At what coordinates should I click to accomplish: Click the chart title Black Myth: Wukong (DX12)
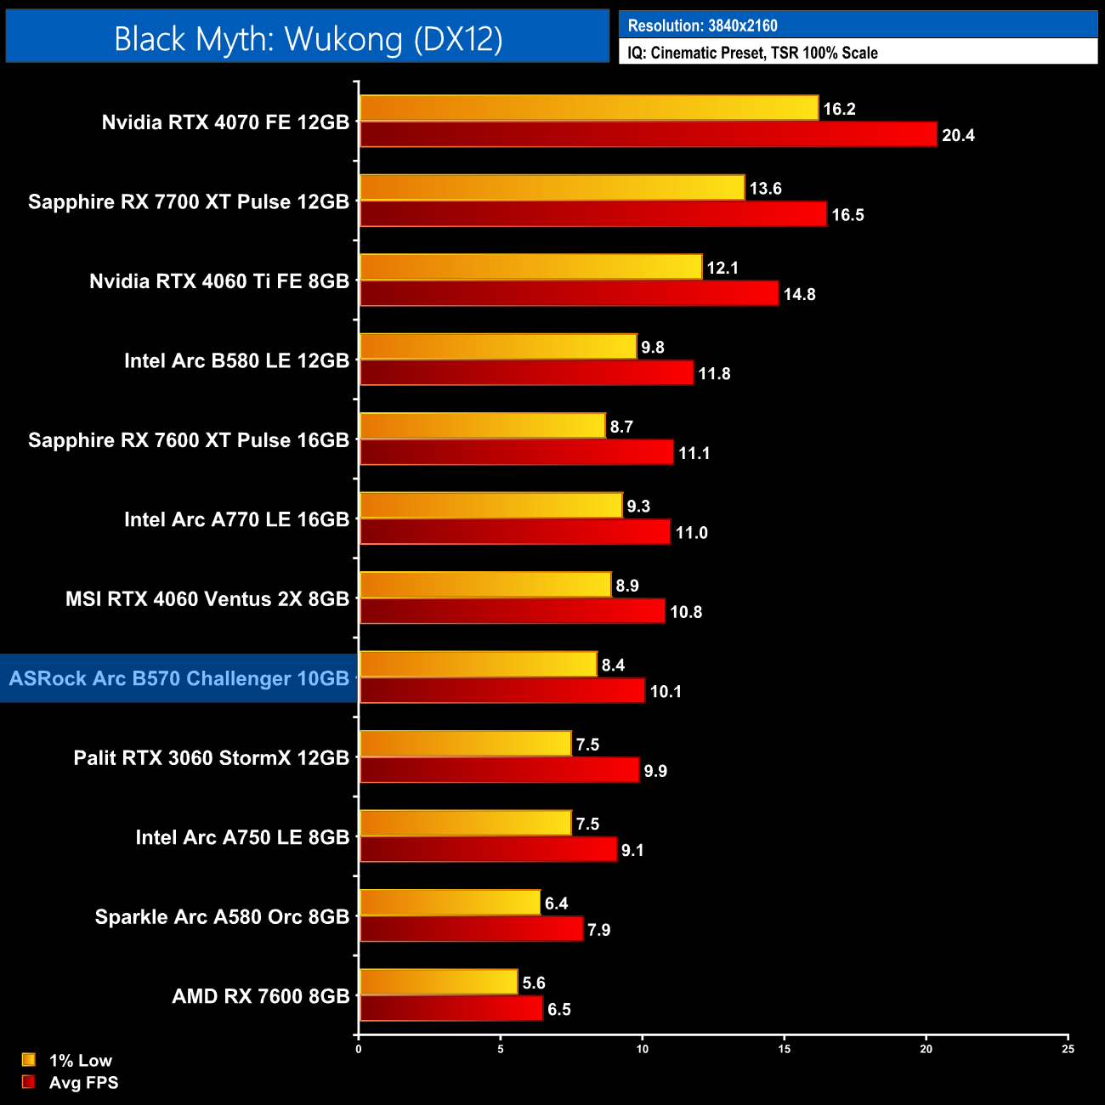tap(308, 39)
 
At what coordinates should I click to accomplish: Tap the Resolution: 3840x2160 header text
tap(702, 25)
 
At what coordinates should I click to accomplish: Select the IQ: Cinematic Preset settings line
tap(752, 53)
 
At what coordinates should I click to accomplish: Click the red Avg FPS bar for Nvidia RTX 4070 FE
tap(648, 134)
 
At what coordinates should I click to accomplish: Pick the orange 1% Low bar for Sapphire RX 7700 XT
tap(552, 188)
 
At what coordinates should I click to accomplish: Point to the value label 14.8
tap(799, 294)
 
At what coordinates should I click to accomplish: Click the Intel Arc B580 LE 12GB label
tap(236, 360)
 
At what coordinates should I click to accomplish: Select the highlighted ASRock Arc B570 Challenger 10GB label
tap(179, 678)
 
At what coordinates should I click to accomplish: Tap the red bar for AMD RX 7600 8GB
tap(451, 1009)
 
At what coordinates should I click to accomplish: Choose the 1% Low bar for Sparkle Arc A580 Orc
tap(450, 903)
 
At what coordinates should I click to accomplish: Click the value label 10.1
tap(666, 691)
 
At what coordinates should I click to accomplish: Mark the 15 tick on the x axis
tap(785, 1049)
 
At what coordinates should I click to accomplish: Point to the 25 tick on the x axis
tap(1068, 1049)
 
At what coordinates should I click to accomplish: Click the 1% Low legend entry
tap(80, 1060)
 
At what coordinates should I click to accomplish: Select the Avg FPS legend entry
tap(83, 1082)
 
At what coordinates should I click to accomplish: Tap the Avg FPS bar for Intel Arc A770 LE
tap(515, 532)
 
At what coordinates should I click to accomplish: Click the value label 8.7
tap(621, 427)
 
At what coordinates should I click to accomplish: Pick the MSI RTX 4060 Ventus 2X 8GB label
tap(207, 599)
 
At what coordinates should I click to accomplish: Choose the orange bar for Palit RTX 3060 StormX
tap(465, 744)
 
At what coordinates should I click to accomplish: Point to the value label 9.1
tap(632, 850)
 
